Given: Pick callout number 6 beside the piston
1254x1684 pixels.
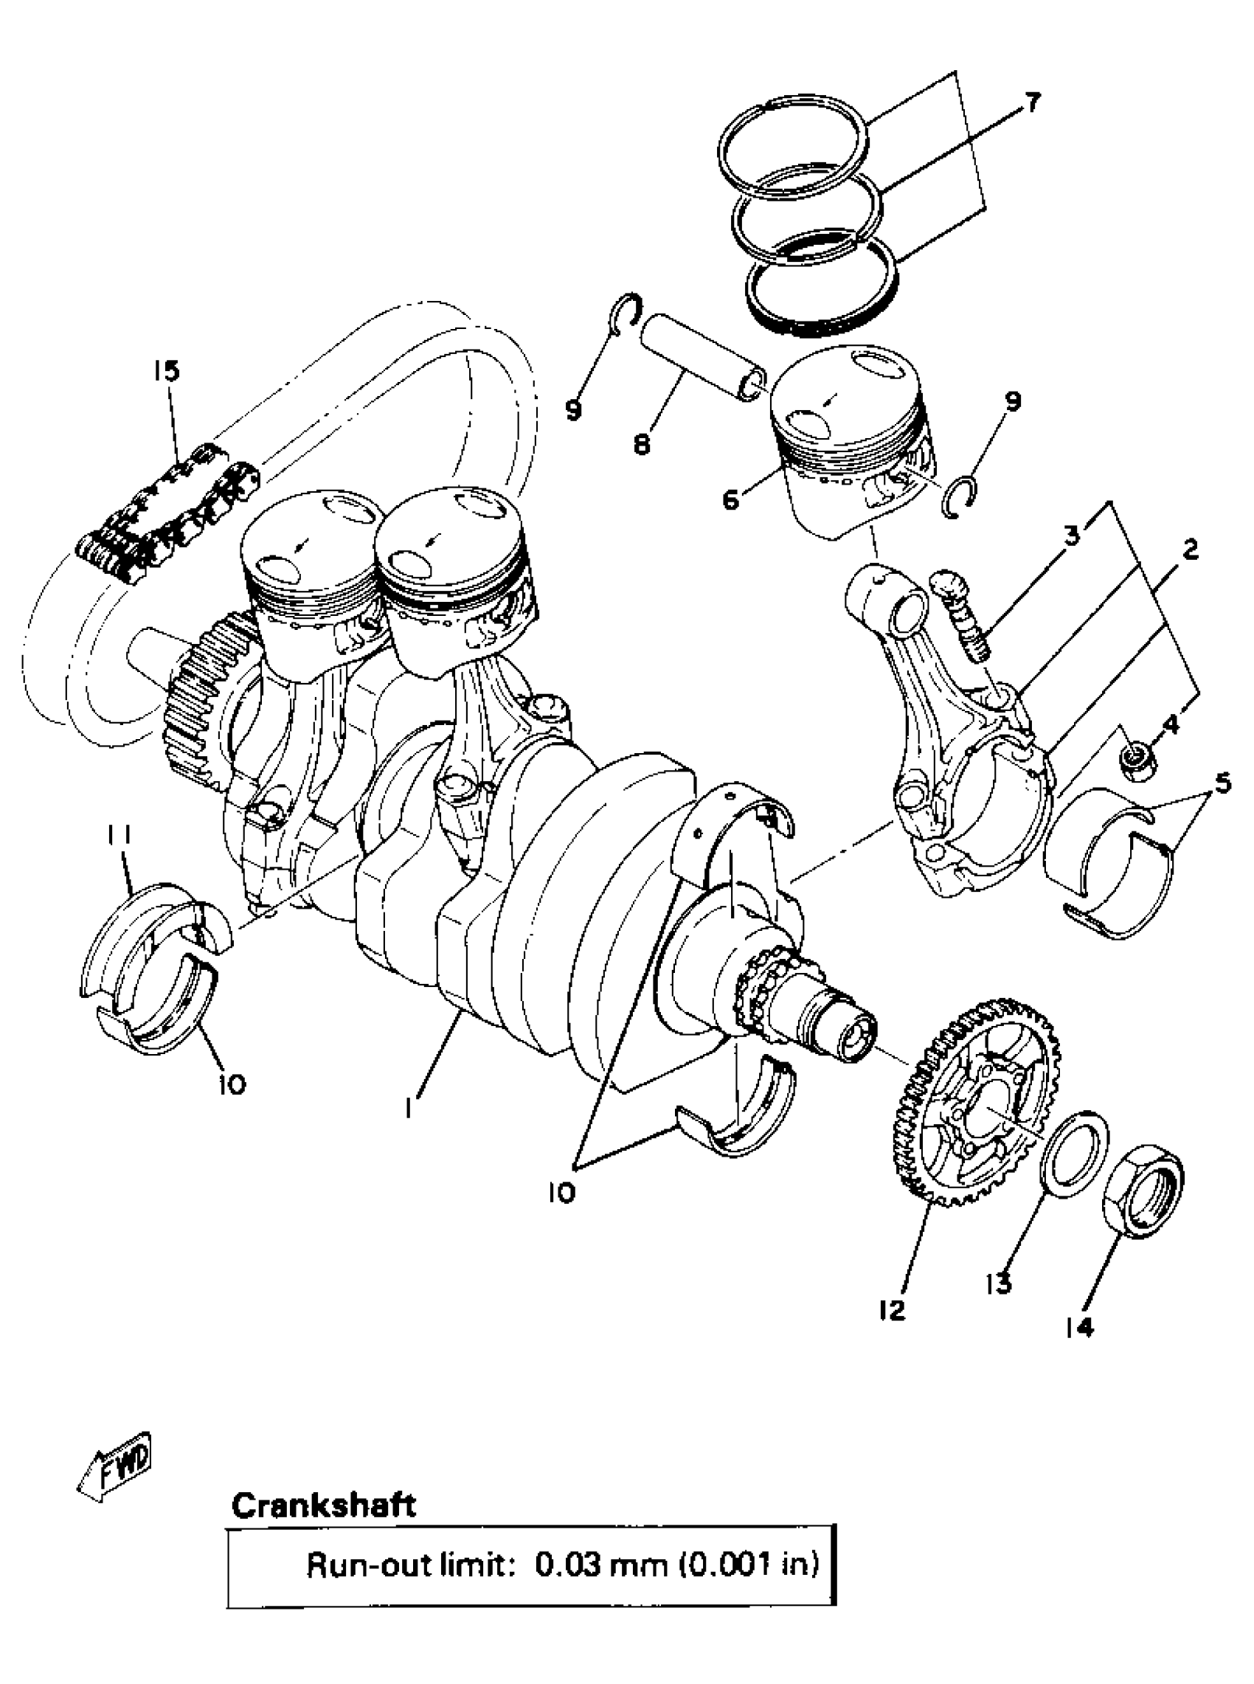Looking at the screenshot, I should (730, 500).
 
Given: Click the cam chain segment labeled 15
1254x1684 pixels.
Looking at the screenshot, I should (167, 516).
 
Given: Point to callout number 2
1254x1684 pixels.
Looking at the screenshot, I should (1190, 549).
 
